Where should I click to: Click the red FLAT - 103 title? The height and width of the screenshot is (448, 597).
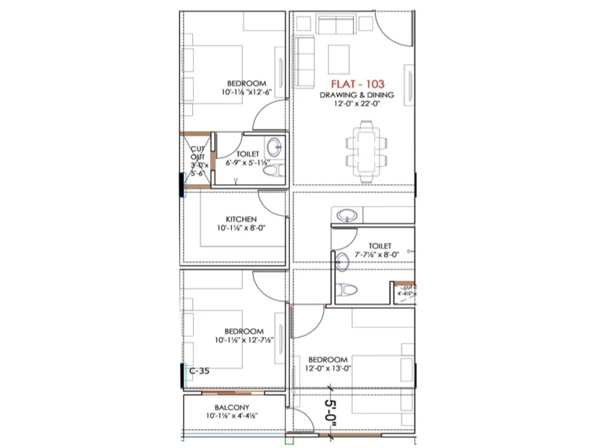[x=357, y=84]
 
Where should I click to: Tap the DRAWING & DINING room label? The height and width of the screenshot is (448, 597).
[x=357, y=95]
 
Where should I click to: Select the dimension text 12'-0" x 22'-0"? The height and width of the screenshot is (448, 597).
[x=357, y=104]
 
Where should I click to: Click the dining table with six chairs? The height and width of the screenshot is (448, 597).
[x=366, y=152]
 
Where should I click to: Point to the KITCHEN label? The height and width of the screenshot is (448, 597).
[x=241, y=219]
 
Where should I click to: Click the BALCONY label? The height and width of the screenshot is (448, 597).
[x=232, y=407]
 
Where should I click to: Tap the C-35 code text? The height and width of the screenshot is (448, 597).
[x=199, y=371]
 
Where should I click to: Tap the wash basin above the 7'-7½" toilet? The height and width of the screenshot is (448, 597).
[x=347, y=215]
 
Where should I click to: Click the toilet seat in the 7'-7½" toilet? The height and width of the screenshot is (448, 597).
[x=346, y=289]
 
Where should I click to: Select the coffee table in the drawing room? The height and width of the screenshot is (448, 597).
[x=339, y=60]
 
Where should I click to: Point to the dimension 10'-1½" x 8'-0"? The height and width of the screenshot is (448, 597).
[x=241, y=228]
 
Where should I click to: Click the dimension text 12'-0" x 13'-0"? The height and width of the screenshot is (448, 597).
[x=328, y=368]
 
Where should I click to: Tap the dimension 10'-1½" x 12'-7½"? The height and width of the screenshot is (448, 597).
[x=244, y=340]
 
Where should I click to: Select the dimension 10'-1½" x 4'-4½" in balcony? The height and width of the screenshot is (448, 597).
[x=232, y=416]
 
